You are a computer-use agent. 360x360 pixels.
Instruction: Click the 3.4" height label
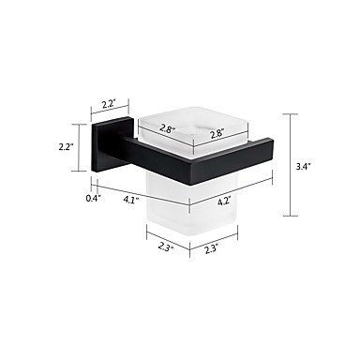[x=303, y=166]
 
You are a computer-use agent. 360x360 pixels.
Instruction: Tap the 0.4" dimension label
[x=94, y=198]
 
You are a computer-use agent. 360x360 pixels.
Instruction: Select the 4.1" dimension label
[x=131, y=200]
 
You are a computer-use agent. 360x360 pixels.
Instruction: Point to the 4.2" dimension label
[x=224, y=201]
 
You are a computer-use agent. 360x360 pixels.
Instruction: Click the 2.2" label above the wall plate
[x=109, y=103]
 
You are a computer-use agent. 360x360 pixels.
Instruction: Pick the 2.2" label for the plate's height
[x=66, y=146]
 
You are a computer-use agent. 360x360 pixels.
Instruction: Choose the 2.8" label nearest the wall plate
[x=168, y=128]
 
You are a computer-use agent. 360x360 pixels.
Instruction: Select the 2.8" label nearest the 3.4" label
[x=217, y=134]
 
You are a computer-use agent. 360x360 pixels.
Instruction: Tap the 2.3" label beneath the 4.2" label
[x=212, y=249]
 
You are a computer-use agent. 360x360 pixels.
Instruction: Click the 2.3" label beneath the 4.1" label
[x=166, y=247]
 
